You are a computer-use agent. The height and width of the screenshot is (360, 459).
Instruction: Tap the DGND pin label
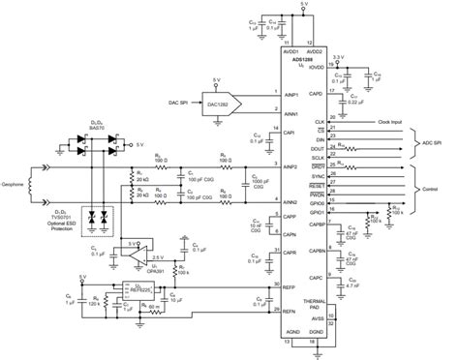[317, 331]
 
